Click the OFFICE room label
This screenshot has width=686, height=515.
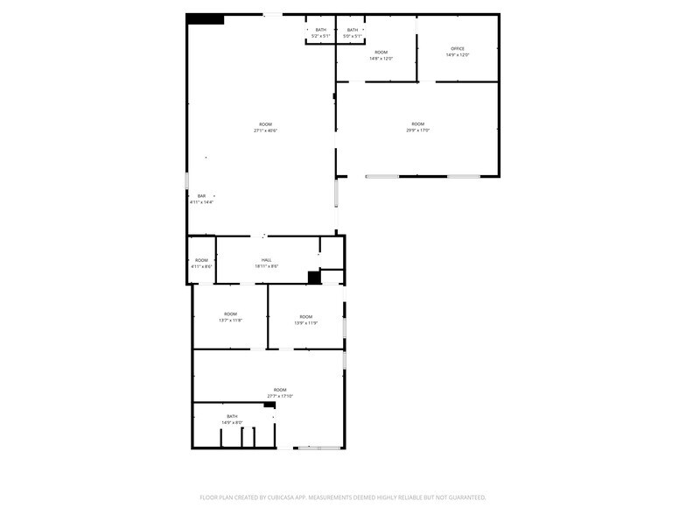458,48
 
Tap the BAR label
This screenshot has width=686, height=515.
201,195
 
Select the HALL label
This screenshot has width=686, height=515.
266,259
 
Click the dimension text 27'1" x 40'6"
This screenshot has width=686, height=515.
265,131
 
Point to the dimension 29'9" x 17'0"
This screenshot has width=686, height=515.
417,131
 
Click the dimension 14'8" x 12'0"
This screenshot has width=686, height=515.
381,59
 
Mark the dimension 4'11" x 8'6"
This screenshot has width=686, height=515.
201,266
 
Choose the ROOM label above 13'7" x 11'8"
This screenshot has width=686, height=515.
230,314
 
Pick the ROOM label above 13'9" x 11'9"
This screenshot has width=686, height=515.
305,316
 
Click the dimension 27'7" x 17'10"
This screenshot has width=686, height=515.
280,396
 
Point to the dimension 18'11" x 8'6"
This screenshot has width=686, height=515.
266,266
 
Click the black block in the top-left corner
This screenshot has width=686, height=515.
206,19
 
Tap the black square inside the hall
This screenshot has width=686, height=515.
314,278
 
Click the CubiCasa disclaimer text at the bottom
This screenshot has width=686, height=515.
343,497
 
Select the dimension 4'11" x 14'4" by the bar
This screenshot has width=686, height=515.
201,202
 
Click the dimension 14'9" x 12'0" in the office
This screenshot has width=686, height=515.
458,55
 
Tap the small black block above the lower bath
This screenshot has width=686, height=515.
269,405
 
